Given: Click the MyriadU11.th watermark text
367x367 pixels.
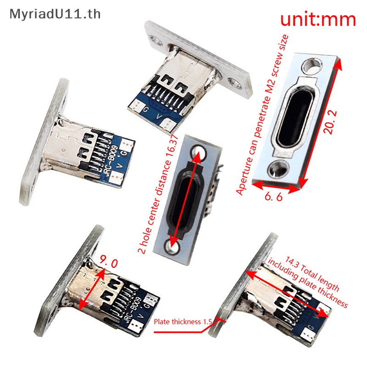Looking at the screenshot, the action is [55, 15].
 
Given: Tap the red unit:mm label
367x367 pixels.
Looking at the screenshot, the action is [318, 19].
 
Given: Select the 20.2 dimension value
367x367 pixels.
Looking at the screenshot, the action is [330, 122].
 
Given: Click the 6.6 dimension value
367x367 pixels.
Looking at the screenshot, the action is [273, 196].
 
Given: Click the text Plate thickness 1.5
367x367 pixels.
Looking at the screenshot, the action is [183, 322].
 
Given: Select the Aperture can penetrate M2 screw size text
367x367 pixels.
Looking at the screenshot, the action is [262, 115].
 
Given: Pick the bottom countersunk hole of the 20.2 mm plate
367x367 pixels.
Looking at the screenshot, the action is [278, 168].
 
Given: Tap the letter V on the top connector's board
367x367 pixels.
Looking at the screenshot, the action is [159, 116].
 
